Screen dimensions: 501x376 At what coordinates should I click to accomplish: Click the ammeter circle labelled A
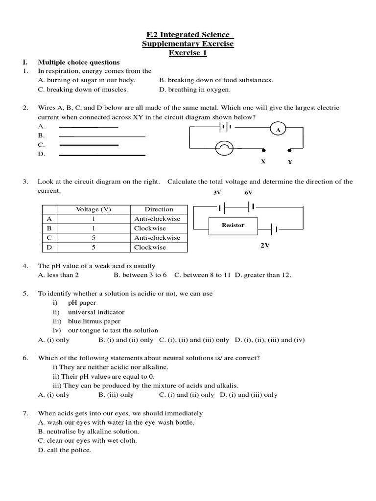pos(278,130)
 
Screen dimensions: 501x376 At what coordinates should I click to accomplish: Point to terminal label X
pos(263,161)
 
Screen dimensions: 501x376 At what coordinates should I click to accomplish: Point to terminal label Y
pos(290,161)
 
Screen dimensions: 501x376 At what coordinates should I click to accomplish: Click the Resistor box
pos(233,225)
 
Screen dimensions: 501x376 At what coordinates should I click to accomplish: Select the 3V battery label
pos(217,193)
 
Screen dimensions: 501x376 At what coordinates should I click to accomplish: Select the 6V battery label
pos(249,193)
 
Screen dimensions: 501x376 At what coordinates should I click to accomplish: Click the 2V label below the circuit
pos(265,246)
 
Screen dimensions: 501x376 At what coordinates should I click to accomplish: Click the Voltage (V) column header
pos(93,209)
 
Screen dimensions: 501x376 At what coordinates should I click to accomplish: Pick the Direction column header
pos(159,209)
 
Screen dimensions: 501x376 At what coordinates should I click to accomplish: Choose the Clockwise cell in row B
pos(150,228)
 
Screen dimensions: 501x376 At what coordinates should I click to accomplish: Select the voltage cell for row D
pos(93,247)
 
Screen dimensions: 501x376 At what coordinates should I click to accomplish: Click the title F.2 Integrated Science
pos(188,34)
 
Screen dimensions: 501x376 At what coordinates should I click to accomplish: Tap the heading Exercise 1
pos(188,53)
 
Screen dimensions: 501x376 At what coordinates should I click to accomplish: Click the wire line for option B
pos(102,136)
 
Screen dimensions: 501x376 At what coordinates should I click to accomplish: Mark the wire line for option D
pos(102,155)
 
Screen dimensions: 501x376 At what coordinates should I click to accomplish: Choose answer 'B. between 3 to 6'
pos(140,275)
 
